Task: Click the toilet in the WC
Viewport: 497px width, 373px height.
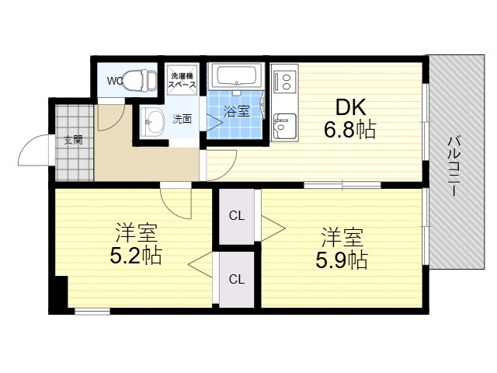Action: pyautogui.click(x=140, y=80)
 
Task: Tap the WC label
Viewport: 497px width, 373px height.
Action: pyautogui.click(x=115, y=81)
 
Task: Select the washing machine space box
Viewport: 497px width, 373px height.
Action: pyautogui.click(x=182, y=80)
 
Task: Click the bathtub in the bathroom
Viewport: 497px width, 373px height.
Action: pyautogui.click(x=237, y=76)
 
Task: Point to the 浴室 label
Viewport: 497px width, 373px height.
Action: pyautogui.click(x=237, y=111)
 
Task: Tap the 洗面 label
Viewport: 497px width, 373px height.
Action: pyautogui.click(x=182, y=119)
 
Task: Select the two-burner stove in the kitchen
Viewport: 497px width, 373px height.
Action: pyautogui.click(x=286, y=82)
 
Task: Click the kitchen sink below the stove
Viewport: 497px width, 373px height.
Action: pyautogui.click(x=285, y=126)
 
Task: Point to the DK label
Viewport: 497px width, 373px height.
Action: pyautogui.click(x=350, y=107)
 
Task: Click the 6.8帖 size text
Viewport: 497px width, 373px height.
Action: pyautogui.click(x=350, y=130)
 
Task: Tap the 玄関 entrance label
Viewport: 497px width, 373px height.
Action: pyautogui.click(x=74, y=140)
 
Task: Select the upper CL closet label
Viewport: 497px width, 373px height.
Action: pyautogui.click(x=237, y=216)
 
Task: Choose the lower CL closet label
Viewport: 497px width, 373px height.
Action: pyautogui.click(x=237, y=280)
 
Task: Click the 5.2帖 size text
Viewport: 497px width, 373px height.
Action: pyautogui.click(x=136, y=256)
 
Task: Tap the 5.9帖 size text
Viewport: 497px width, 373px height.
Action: pyautogui.click(x=342, y=260)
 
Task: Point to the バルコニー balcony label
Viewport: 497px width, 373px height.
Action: pyautogui.click(x=454, y=166)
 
